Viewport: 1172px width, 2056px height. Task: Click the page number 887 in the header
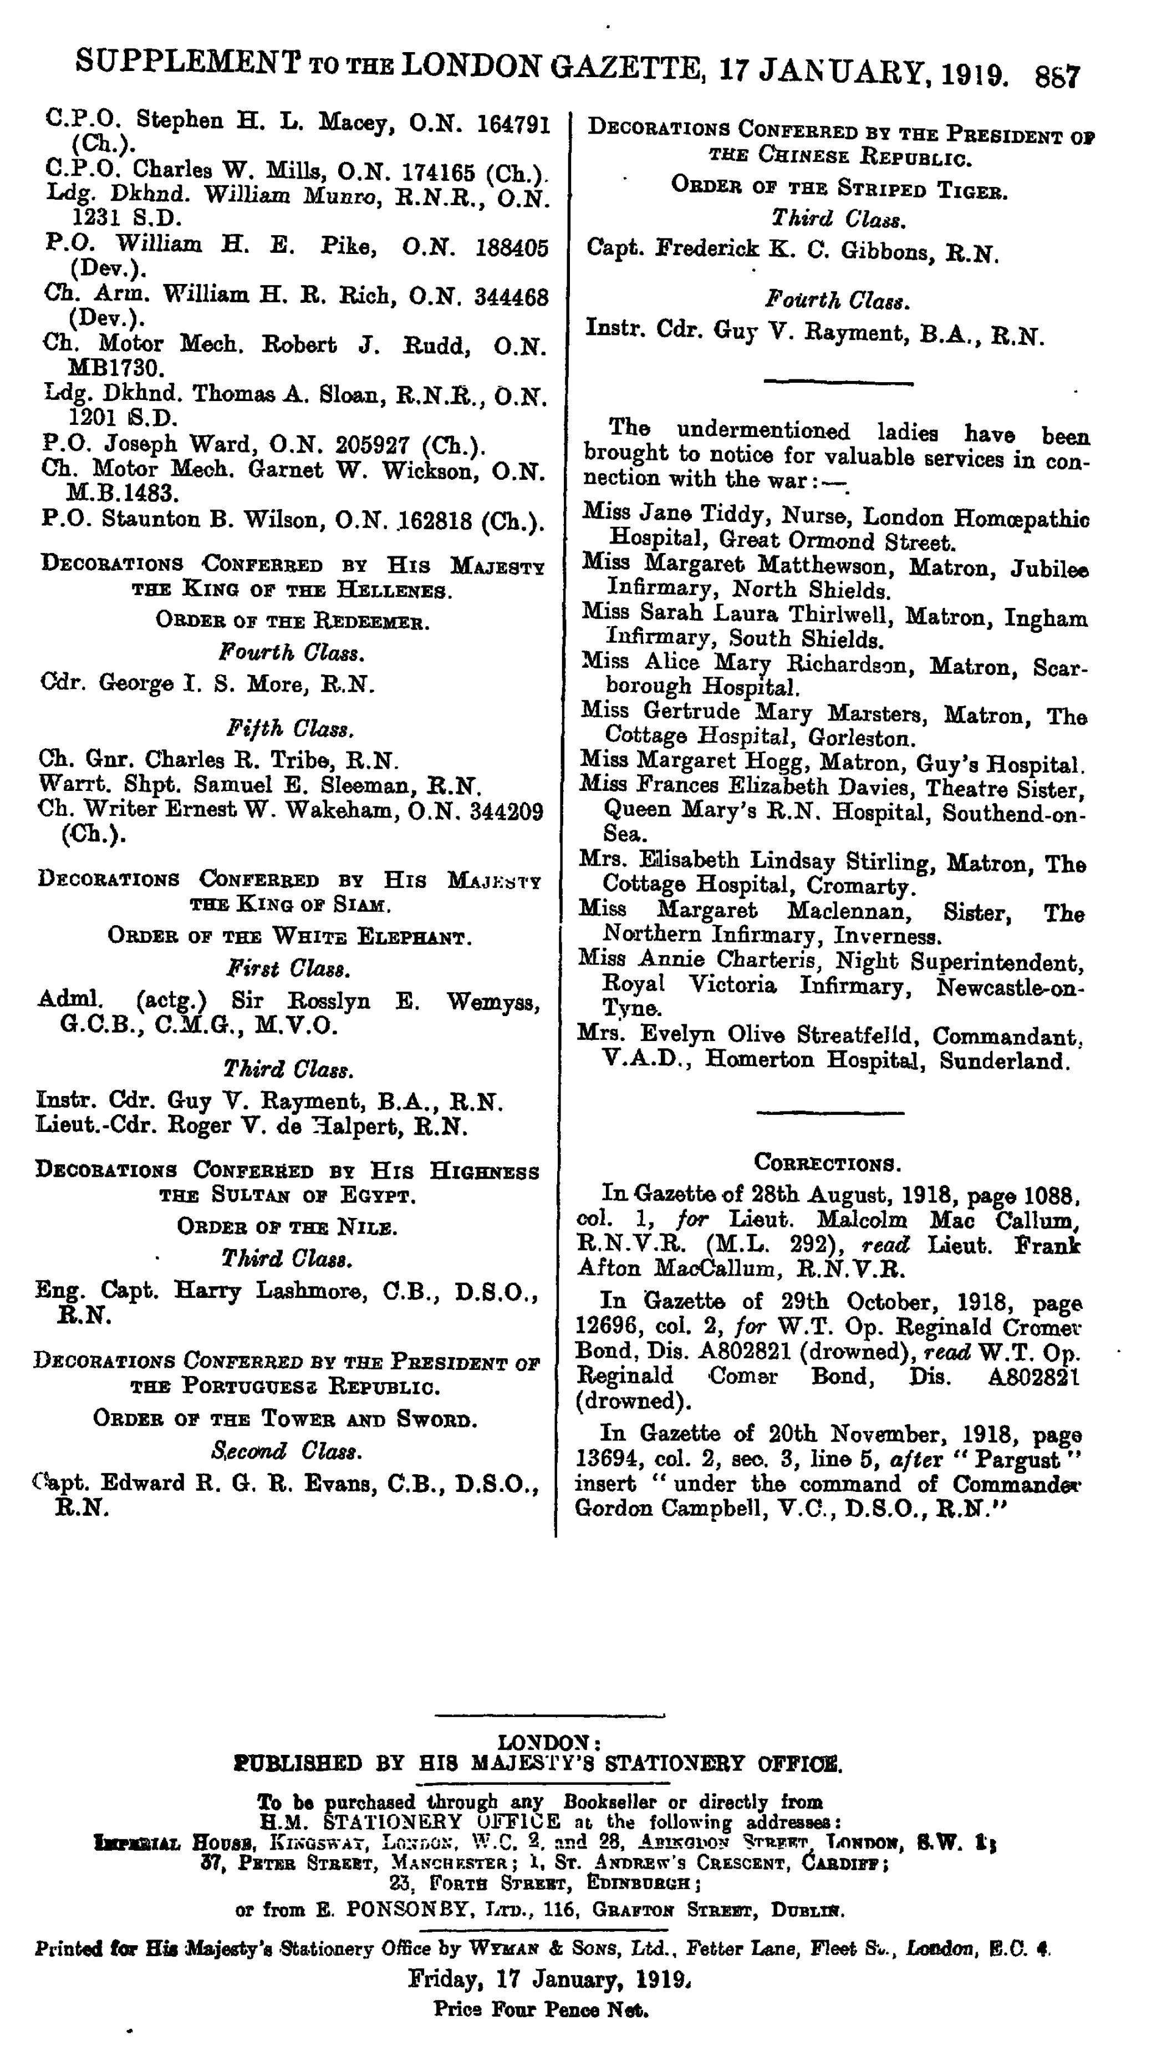click(x=1057, y=77)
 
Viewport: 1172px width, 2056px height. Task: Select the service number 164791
click(x=513, y=125)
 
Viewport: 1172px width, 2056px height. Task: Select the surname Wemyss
click(x=493, y=1002)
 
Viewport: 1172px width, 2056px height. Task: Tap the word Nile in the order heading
click(x=366, y=1227)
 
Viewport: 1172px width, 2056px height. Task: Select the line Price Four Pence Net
click(x=541, y=2009)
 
